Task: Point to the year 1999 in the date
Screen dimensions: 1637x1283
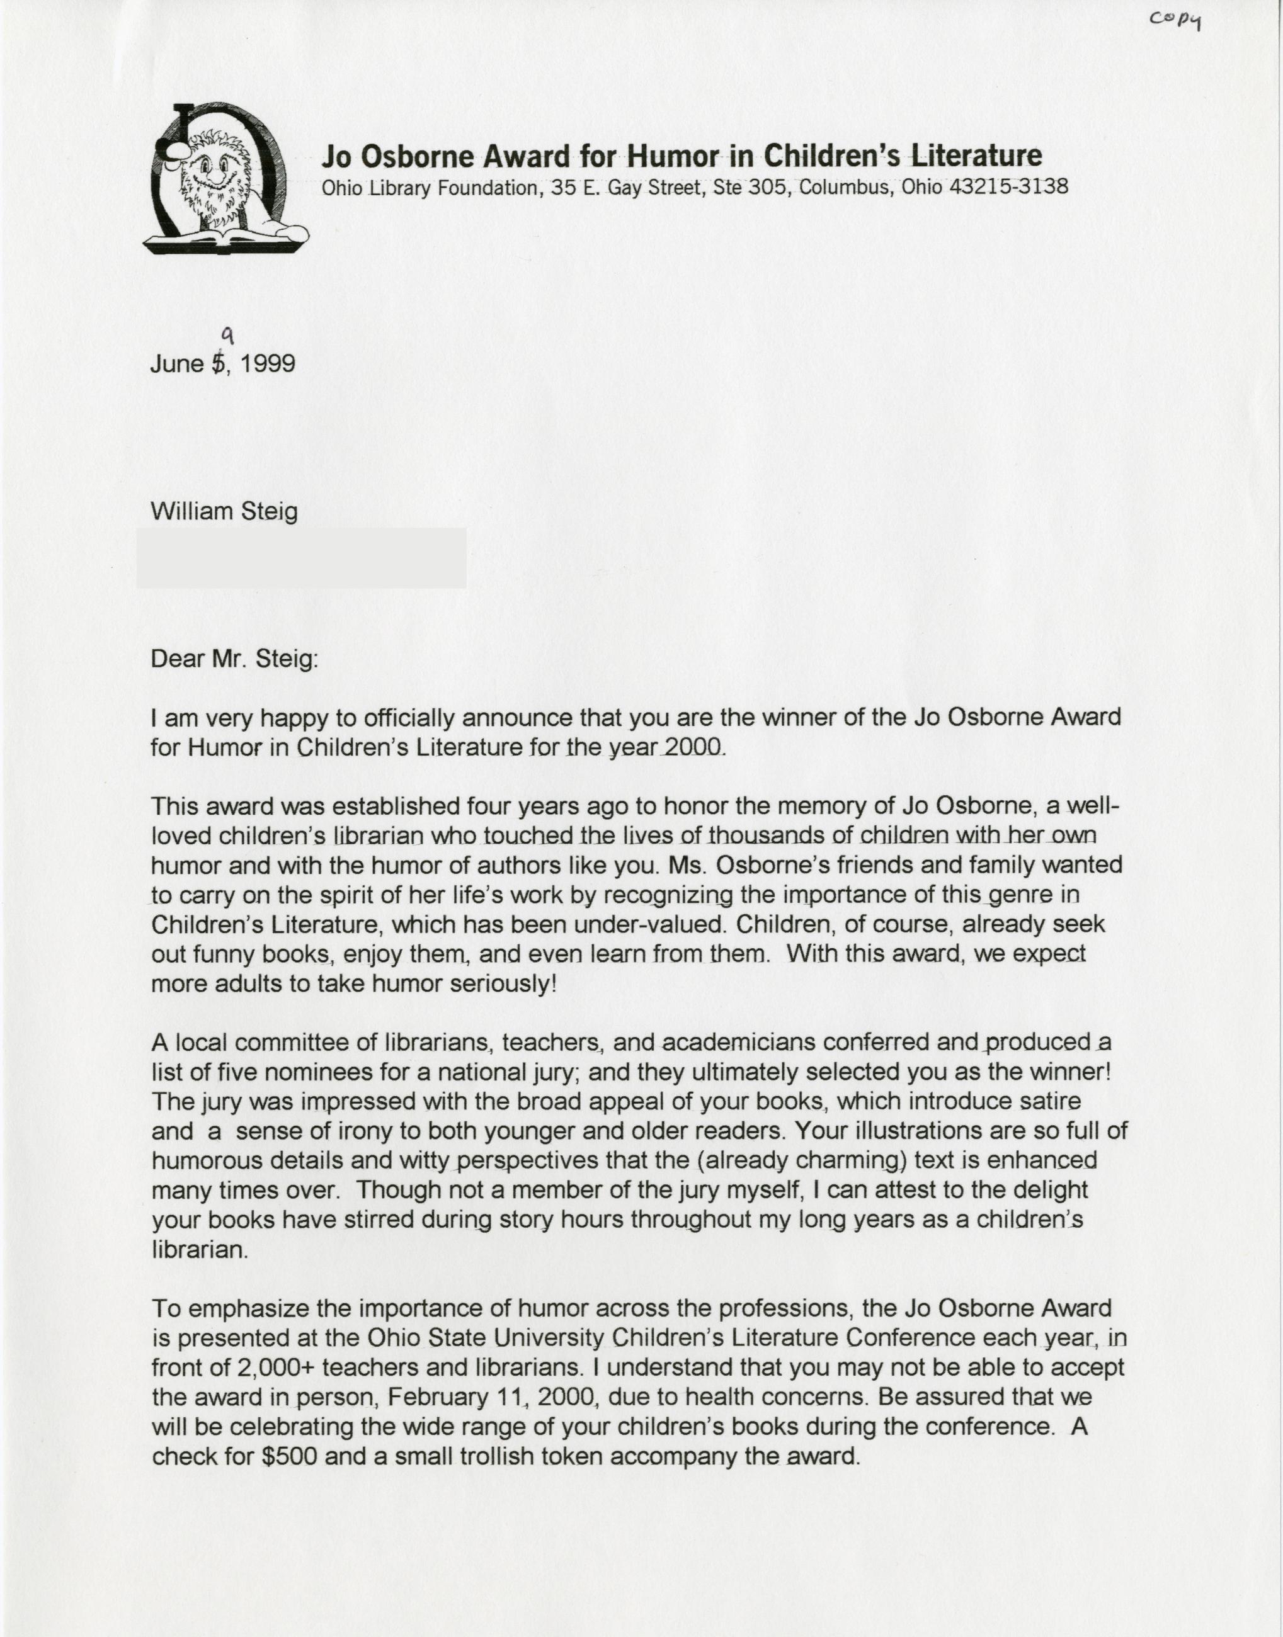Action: [268, 364]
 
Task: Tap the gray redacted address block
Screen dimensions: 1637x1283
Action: [300, 557]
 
